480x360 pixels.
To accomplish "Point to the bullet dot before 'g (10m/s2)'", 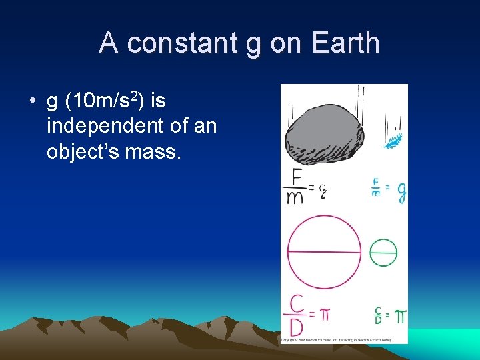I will pos(32,102).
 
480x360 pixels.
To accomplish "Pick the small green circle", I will pos(383,253).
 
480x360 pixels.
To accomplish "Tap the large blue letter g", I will pos(401,193).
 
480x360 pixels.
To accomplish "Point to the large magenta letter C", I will pos(297,303).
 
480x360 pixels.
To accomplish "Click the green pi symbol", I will pos(400,316).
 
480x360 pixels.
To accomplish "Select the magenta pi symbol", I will pos(324,314).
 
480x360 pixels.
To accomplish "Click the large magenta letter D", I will pos(297,328).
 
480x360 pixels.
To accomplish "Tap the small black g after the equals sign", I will pos(322,192).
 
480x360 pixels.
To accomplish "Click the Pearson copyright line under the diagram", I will pos(343,340).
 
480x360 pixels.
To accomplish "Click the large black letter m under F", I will pos(295,198).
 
